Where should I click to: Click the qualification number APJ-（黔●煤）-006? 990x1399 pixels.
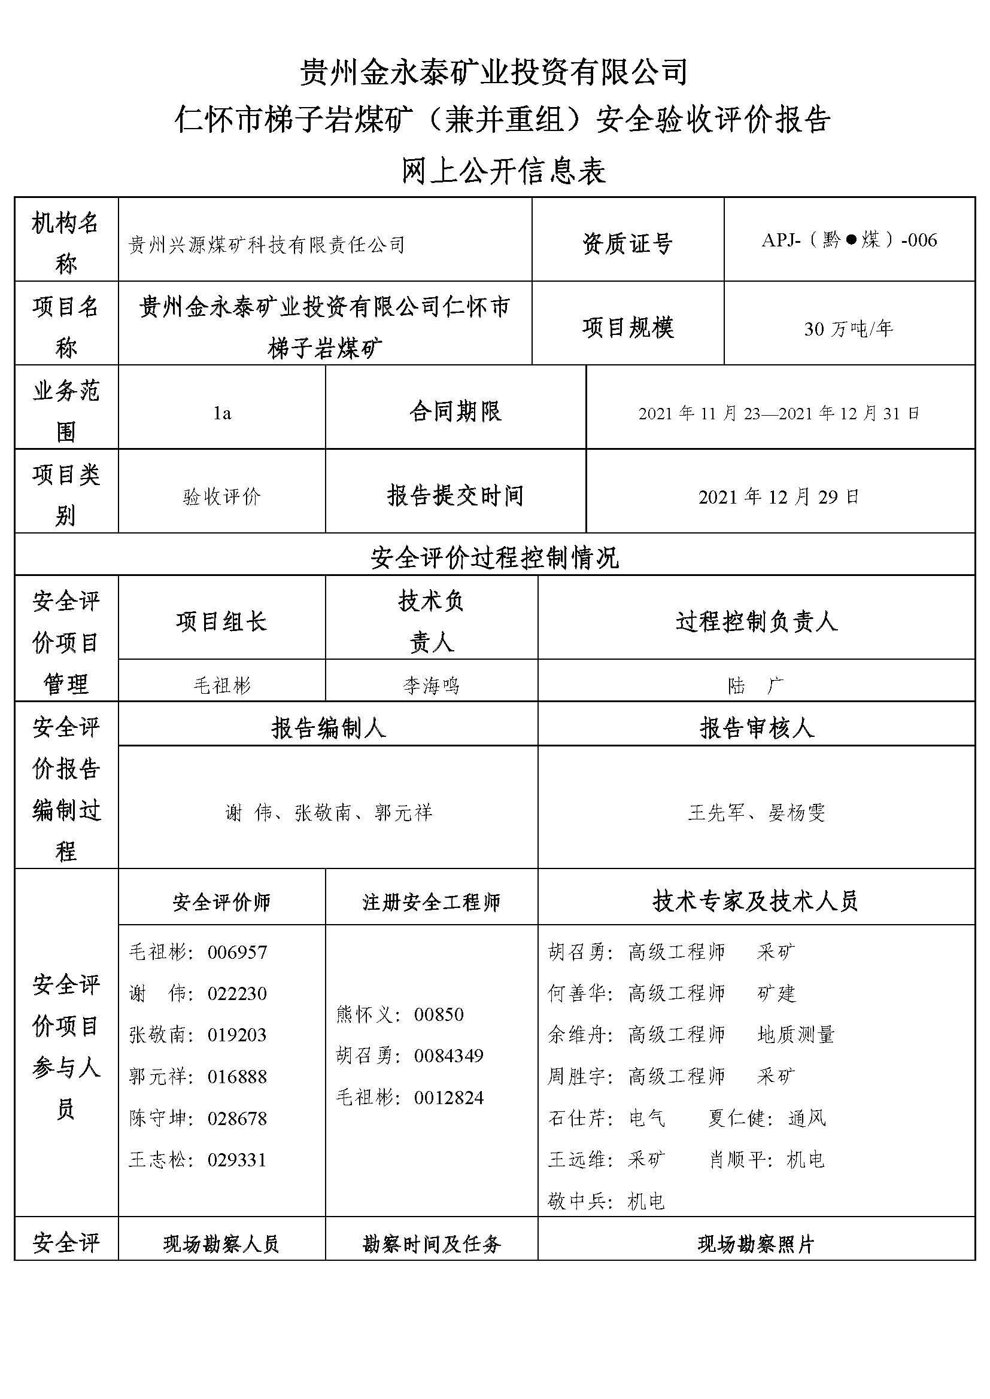pyautogui.click(x=849, y=240)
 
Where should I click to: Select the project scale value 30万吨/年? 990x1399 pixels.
pyautogui.click(x=849, y=329)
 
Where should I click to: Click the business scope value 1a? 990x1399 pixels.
pyautogui.click(x=222, y=413)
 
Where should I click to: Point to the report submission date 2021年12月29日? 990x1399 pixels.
pyautogui.click(x=779, y=497)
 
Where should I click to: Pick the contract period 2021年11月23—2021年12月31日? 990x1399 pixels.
pyautogui.click(x=779, y=413)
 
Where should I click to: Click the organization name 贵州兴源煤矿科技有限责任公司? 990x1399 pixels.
pyautogui.click(x=267, y=245)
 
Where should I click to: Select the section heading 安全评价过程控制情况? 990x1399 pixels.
pyautogui.click(x=494, y=557)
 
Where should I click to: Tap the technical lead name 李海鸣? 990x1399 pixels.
pyautogui.click(x=431, y=686)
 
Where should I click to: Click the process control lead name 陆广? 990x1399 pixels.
pyautogui.click(x=756, y=686)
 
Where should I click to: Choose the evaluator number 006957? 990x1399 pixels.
pyautogui.click(x=237, y=952)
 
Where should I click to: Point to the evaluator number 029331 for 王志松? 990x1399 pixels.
pyautogui.click(x=237, y=1159)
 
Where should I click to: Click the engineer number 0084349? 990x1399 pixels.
pyautogui.click(x=449, y=1055)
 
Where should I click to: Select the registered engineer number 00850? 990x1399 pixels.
pyautogui.click(x=439, y=1014)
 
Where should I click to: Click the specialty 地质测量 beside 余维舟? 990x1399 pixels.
pyautogui.click(x=795, y=1035)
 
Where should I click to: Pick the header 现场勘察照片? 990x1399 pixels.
pyautogui.click(x=756, y=1243)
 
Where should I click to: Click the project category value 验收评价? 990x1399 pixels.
pyautogui.click(x=222, y=497)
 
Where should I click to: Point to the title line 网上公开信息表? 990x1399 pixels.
pyautogui.click(x=503, y=172)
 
